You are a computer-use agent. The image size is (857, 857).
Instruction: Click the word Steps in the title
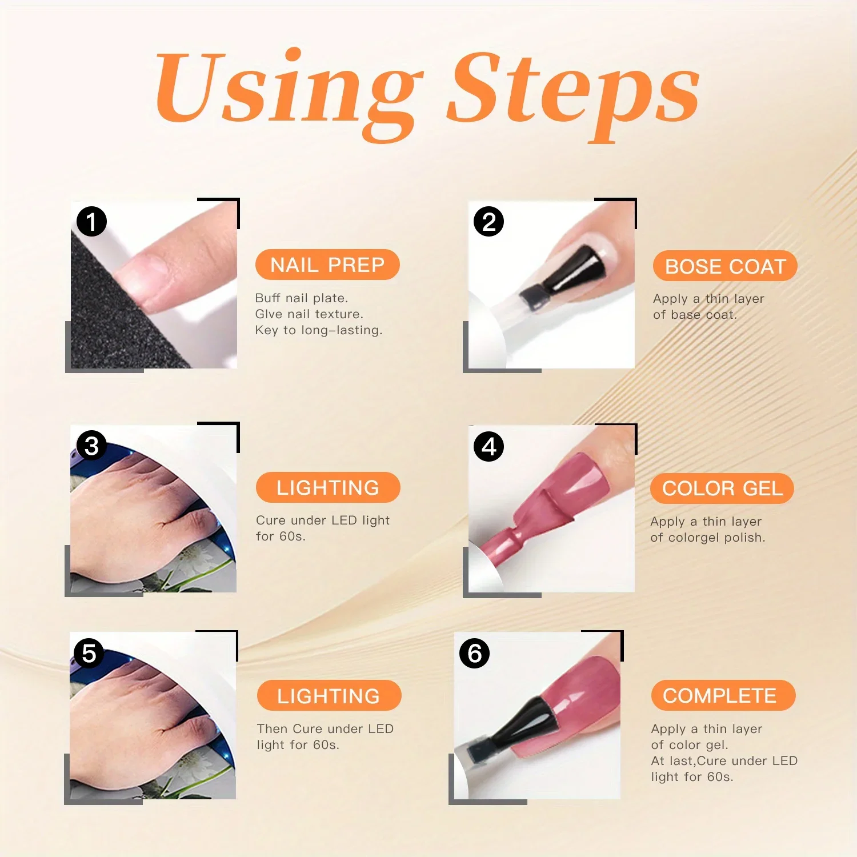click(574, 91)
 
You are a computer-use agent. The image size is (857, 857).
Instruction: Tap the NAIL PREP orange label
click(327, 265)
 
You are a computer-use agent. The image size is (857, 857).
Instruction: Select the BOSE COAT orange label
click(725, 266)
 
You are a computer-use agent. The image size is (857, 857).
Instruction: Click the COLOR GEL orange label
click(722, 488)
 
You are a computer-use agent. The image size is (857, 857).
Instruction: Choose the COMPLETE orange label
click(723, 695)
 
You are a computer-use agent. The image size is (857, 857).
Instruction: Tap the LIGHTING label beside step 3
click(328, 487)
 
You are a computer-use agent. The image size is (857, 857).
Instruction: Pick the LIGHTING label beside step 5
click(329, 696)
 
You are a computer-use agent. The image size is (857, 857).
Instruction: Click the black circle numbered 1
click(91, 222)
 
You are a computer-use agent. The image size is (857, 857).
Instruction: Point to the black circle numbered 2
click(488, 222)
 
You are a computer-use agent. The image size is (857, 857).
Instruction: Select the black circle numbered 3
click(91, 446)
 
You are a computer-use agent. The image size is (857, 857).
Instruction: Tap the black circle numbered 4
click(488, 447)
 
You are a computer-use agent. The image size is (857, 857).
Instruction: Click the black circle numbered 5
click(89, 653)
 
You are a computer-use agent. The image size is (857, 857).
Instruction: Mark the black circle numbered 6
click(474, 654)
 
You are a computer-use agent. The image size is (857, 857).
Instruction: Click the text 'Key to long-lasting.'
click(319, 330)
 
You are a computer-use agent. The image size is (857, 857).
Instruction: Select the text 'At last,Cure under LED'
click(724, 761)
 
